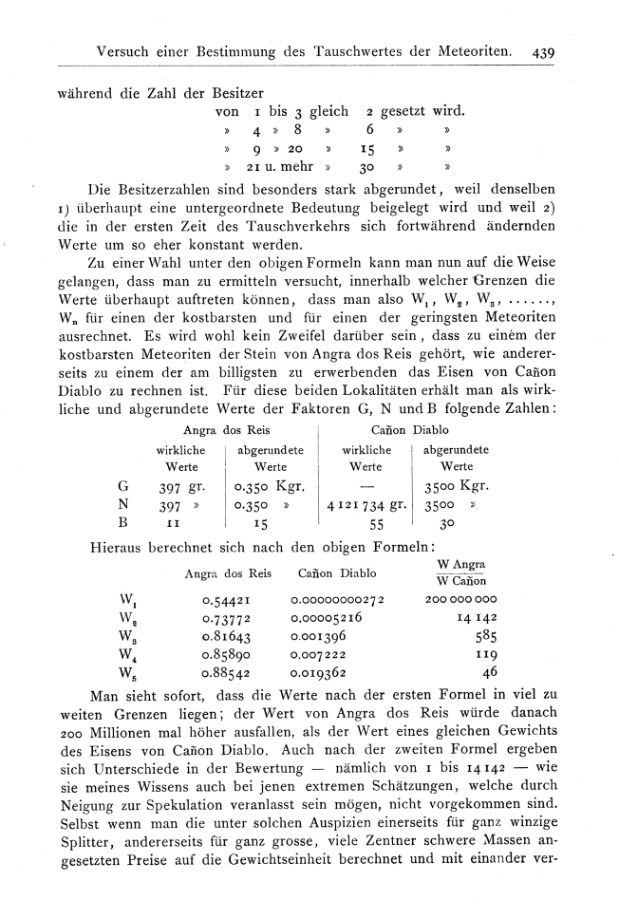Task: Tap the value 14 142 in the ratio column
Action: click(478, 618)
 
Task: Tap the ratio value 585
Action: click(488, 636)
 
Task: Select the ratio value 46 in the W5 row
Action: click(491, 672)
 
